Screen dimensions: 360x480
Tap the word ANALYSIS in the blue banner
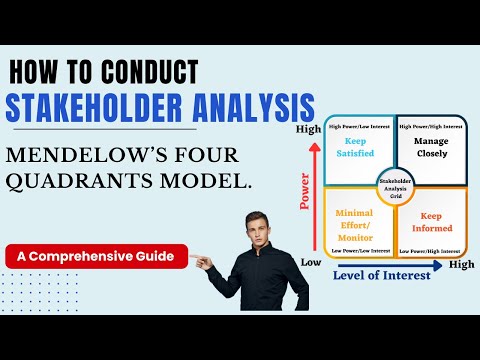(x=253, y=107)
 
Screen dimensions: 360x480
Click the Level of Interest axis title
(x=383, y=273)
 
